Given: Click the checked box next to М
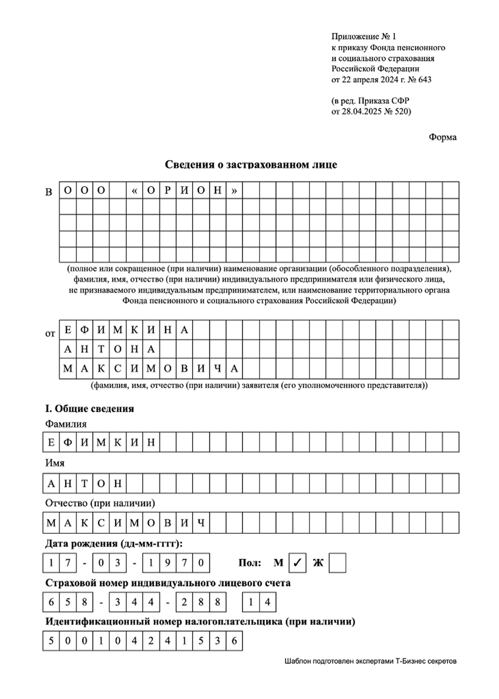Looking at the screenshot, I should [297, 563].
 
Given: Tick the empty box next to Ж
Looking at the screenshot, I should [337, 563].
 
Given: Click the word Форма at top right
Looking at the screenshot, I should [442, 137].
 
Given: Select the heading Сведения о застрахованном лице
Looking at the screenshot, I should [251, 164].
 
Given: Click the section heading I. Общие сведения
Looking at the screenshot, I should [89, 409].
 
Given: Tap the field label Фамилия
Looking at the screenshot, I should [66, 424].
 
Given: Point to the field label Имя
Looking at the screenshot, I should [55, 463].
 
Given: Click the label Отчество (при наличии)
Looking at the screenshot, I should [100, 503].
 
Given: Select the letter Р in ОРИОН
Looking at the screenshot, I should [168, 190].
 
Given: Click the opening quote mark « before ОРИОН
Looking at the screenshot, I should [134, 191].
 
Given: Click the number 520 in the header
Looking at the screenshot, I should [401, 111].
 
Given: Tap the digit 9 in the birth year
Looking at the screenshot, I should [167, 563].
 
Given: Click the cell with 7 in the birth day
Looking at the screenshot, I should [68, 563].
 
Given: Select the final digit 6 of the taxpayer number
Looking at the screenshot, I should [234, 641].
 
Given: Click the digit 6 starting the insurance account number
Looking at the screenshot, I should [51, 602].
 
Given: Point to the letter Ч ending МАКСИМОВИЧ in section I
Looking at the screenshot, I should [201, 522].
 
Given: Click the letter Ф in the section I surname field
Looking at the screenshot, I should [68, 442].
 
